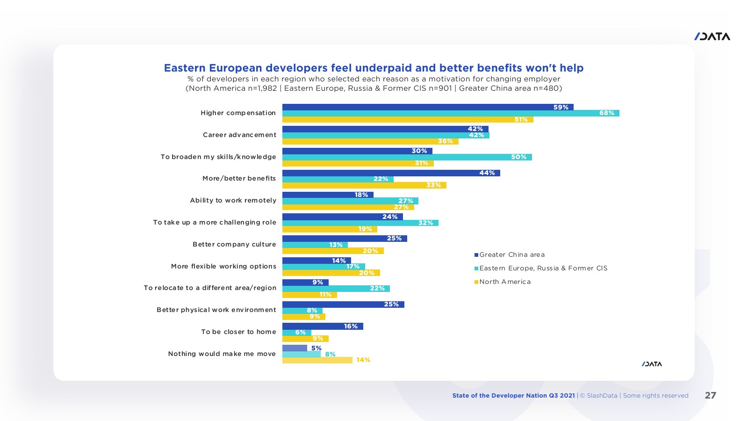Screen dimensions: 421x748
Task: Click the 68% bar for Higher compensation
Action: (x=451, y=113)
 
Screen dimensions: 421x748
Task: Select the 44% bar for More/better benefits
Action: (x=391, y=173)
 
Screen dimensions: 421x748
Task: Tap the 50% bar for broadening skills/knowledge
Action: (x=407, y=157)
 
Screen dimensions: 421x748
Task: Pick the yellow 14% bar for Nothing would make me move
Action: (x=317, y=360)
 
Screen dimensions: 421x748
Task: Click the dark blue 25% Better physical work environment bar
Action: (x=343, y=305)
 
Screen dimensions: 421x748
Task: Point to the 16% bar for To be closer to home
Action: (x=323, y=327)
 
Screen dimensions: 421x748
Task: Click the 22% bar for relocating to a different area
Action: (x=336, y=289)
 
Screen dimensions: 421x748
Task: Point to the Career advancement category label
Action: (x=239, y=135)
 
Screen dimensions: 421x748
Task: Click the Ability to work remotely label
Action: (x=233, y=201)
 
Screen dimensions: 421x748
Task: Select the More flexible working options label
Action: (x=223, y=267)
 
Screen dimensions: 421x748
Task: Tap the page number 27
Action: (x=710, y=395)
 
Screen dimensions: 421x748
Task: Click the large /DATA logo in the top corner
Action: (x=712, y=36)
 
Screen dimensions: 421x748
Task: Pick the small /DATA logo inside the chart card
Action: (x=652, y=364)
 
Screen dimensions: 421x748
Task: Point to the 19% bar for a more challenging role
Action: (x=329, y=229)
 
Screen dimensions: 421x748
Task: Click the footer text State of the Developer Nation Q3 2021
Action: (x=513, y=396)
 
